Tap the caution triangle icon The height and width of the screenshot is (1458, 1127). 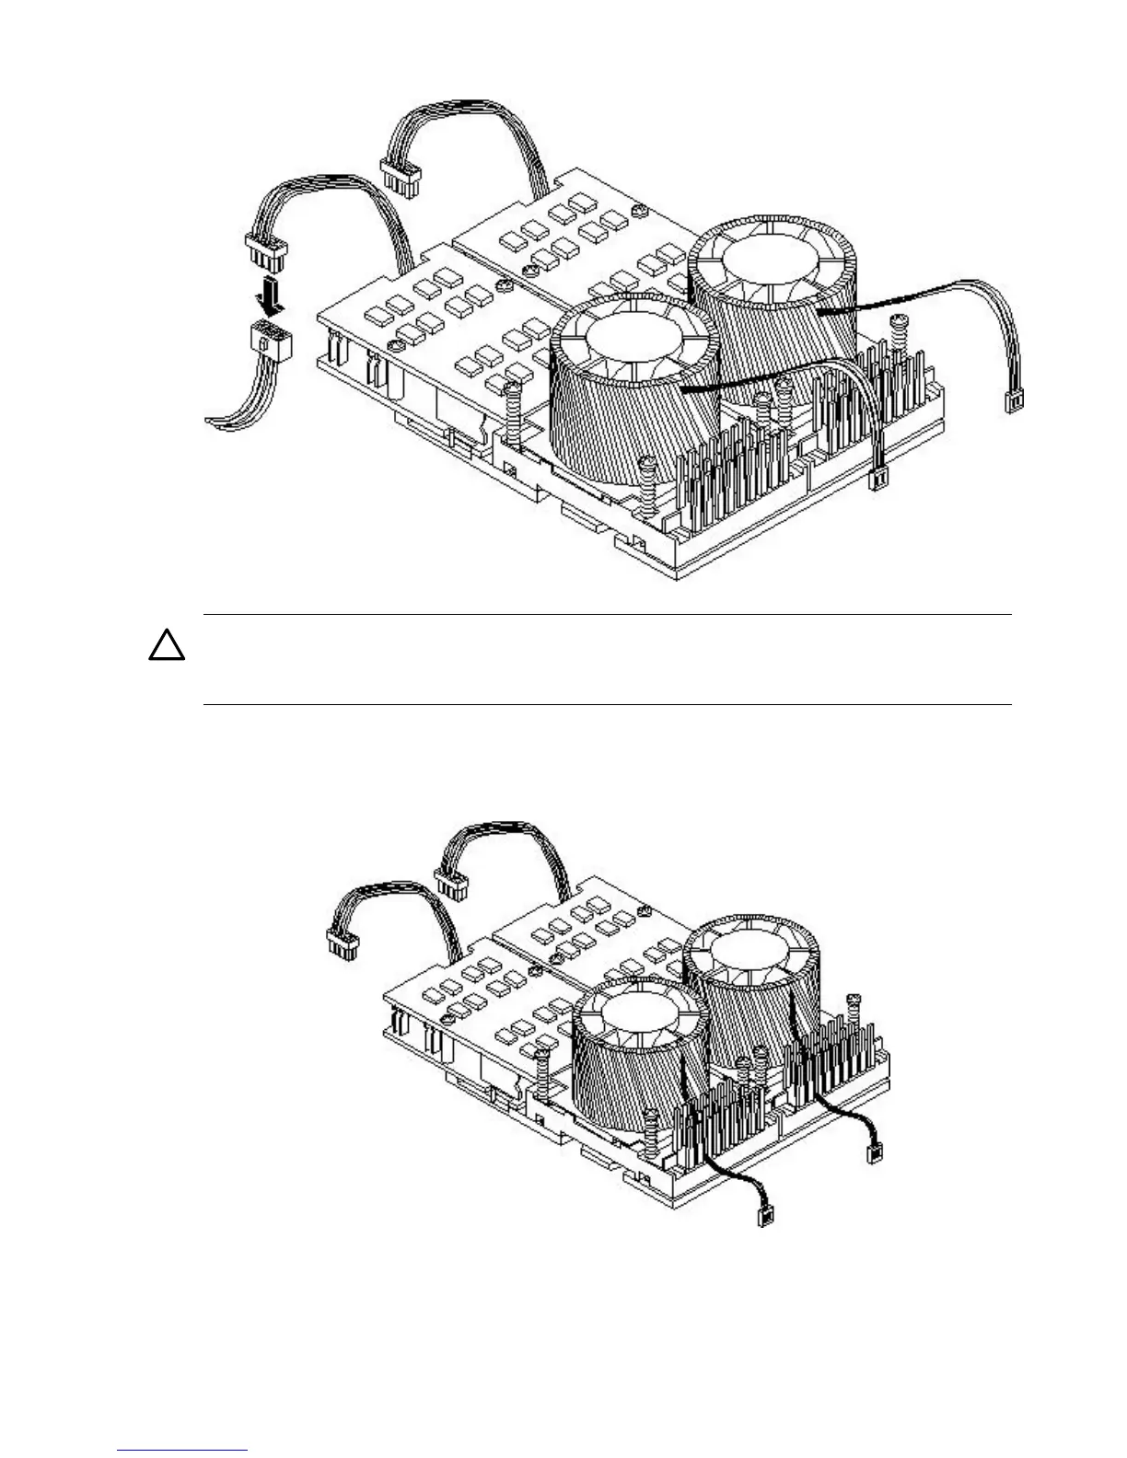(167, 647)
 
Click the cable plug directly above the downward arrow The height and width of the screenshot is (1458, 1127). (265, 248)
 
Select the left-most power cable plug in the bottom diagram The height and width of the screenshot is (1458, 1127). (342, 945)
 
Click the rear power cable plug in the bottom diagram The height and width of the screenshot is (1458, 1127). (451, 886)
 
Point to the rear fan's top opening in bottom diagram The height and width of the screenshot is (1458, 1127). (751, 957)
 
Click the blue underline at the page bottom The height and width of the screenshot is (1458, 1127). (183, 1452)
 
